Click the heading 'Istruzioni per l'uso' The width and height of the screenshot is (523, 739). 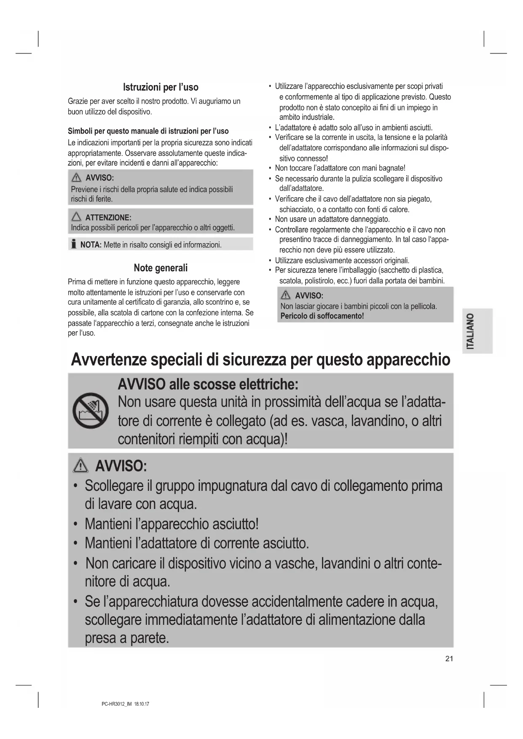(161, 87)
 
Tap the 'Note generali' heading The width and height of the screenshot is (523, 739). (161, 268)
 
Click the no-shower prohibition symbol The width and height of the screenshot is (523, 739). (90, 411)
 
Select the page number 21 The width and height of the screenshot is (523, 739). (449, 659)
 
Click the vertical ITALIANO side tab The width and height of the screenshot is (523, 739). (477, 331)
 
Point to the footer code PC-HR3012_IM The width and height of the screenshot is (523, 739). (117, 704)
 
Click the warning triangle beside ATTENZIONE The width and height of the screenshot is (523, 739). (76, 217)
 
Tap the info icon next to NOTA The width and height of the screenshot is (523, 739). (74, 244)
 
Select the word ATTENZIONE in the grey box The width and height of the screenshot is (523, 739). (108, 218)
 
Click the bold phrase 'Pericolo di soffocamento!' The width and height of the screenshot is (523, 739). (322, 316)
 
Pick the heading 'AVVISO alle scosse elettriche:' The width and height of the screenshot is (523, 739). (208, 384)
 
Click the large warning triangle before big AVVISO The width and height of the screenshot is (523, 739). (80, 466)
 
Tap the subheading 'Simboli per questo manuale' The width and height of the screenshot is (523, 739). (148, 131)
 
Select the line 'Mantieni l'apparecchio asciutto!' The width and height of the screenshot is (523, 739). (172, 524)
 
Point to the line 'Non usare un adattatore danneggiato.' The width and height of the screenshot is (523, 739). (332, 219)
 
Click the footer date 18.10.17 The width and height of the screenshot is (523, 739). (142, 704)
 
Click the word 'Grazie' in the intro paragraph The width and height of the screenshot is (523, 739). (78, 102)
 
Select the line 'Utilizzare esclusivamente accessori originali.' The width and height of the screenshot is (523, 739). (342, 260)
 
